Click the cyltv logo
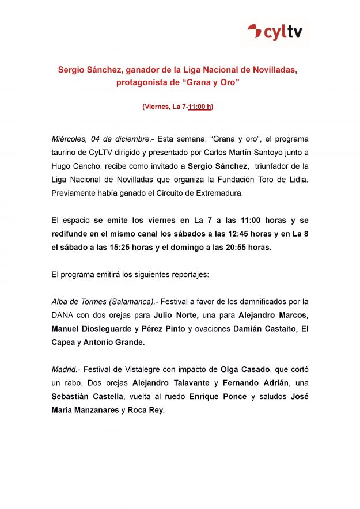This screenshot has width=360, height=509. (274, 32)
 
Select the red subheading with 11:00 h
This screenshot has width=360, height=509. (178, 107)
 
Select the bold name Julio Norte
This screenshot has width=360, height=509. (176, 315)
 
